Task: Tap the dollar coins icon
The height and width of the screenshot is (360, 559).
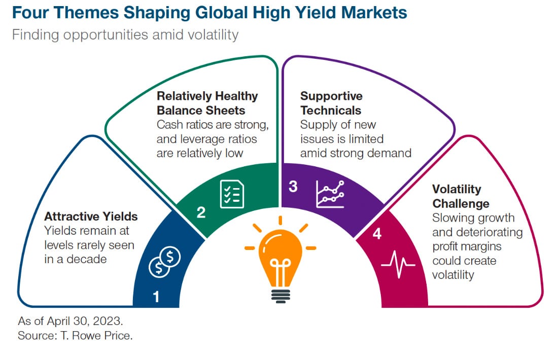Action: (165, 262)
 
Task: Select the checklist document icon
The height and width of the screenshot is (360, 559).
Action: (232, 194)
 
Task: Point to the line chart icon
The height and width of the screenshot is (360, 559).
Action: (330, 194)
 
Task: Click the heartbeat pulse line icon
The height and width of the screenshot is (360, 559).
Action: (398, 265)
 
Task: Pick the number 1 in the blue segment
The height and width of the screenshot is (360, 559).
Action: (156, 297)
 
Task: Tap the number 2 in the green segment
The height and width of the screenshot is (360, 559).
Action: (201, 212)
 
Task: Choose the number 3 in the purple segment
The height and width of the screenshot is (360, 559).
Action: (293, 187)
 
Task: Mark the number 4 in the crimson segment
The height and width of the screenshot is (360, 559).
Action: (377, 234)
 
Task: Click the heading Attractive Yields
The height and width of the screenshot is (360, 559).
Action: (91, 217)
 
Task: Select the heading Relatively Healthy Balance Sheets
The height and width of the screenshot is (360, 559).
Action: (207, 103)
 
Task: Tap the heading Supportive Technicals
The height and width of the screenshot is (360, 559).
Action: (331, 103)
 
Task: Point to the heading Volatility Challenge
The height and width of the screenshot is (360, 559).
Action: (461, 196)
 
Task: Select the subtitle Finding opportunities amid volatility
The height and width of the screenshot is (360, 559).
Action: (125, 35)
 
